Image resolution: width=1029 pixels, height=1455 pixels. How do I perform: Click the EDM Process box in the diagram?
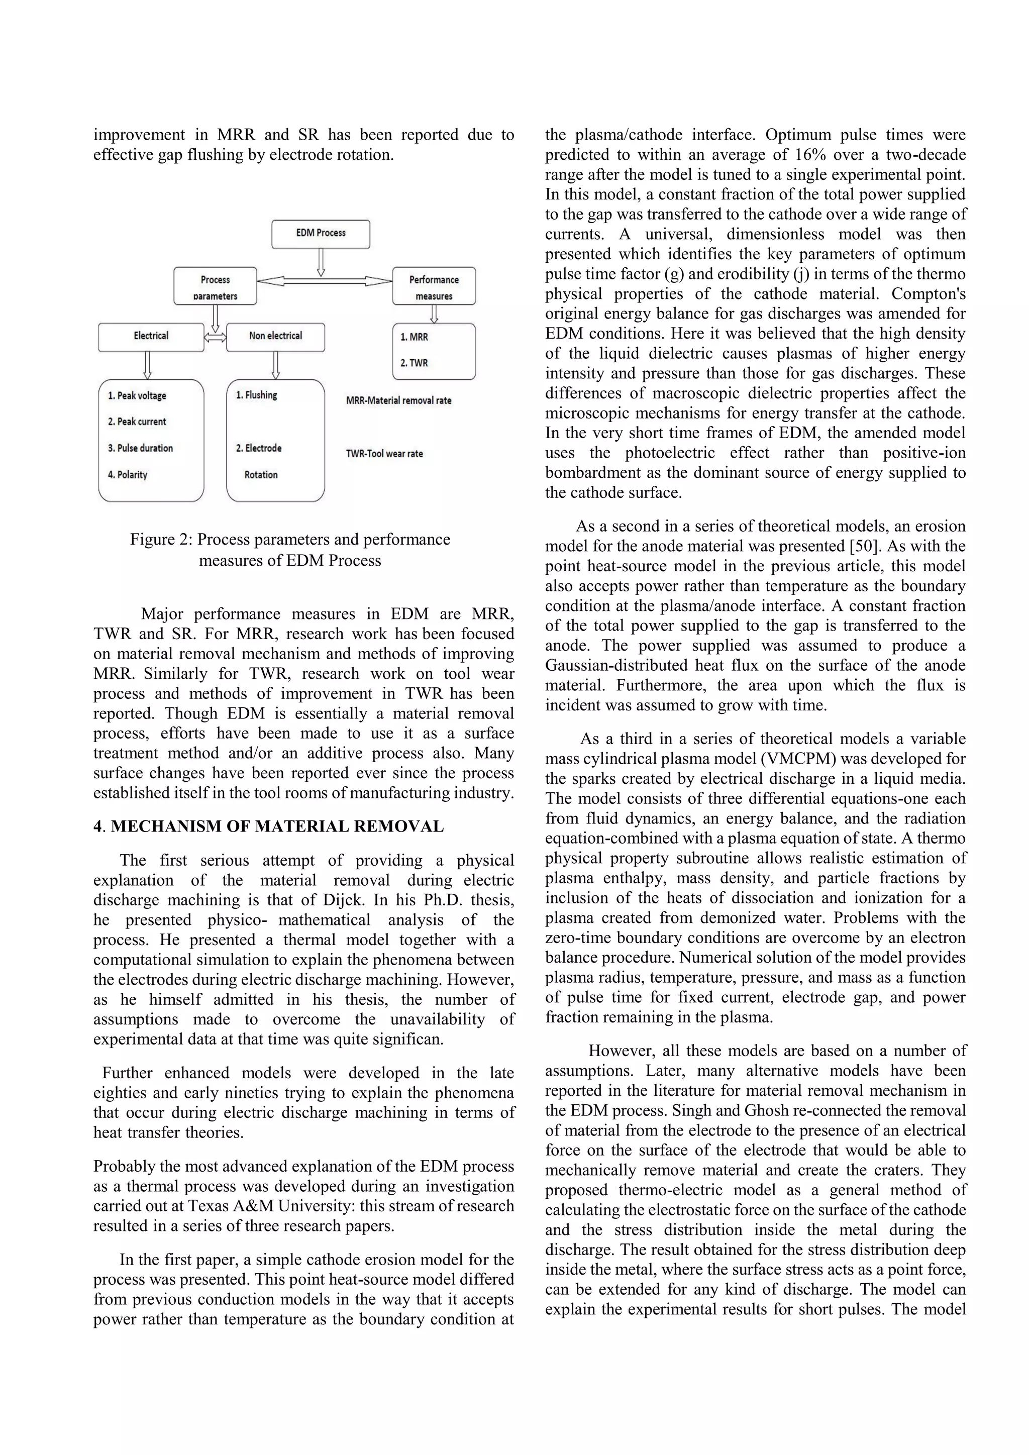click(x=321, y=233)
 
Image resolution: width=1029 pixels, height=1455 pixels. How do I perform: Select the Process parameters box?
click(x=215, y=286)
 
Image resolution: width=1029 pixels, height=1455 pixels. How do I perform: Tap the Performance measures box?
click(x=434, y=286)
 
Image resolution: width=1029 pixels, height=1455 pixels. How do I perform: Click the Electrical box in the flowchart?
click(x=151, y=337)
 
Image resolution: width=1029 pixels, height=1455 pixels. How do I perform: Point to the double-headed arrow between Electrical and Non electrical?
click(x=216, y=339)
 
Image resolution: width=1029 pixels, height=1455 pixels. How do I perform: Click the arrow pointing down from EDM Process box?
click(x=321, y=262)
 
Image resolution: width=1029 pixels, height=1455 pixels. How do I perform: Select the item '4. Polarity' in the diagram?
click(x=127, y=475)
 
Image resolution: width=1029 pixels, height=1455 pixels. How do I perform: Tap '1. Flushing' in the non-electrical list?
click(x=257, y=395)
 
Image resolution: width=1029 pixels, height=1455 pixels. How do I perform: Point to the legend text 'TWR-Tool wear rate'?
click(x=384, y=454)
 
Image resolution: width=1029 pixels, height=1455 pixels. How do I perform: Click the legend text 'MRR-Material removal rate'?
click(x=398, y=400)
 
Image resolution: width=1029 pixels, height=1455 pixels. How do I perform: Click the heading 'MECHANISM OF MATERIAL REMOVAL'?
click(x=277, y=826)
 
